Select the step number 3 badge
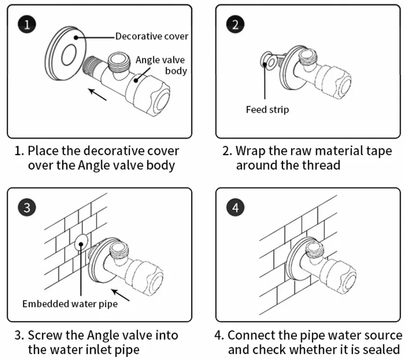[26, 208]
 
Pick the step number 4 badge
[235, 208]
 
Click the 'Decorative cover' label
[152, 36]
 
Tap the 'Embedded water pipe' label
[70, 304]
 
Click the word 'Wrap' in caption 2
[253, 151]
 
